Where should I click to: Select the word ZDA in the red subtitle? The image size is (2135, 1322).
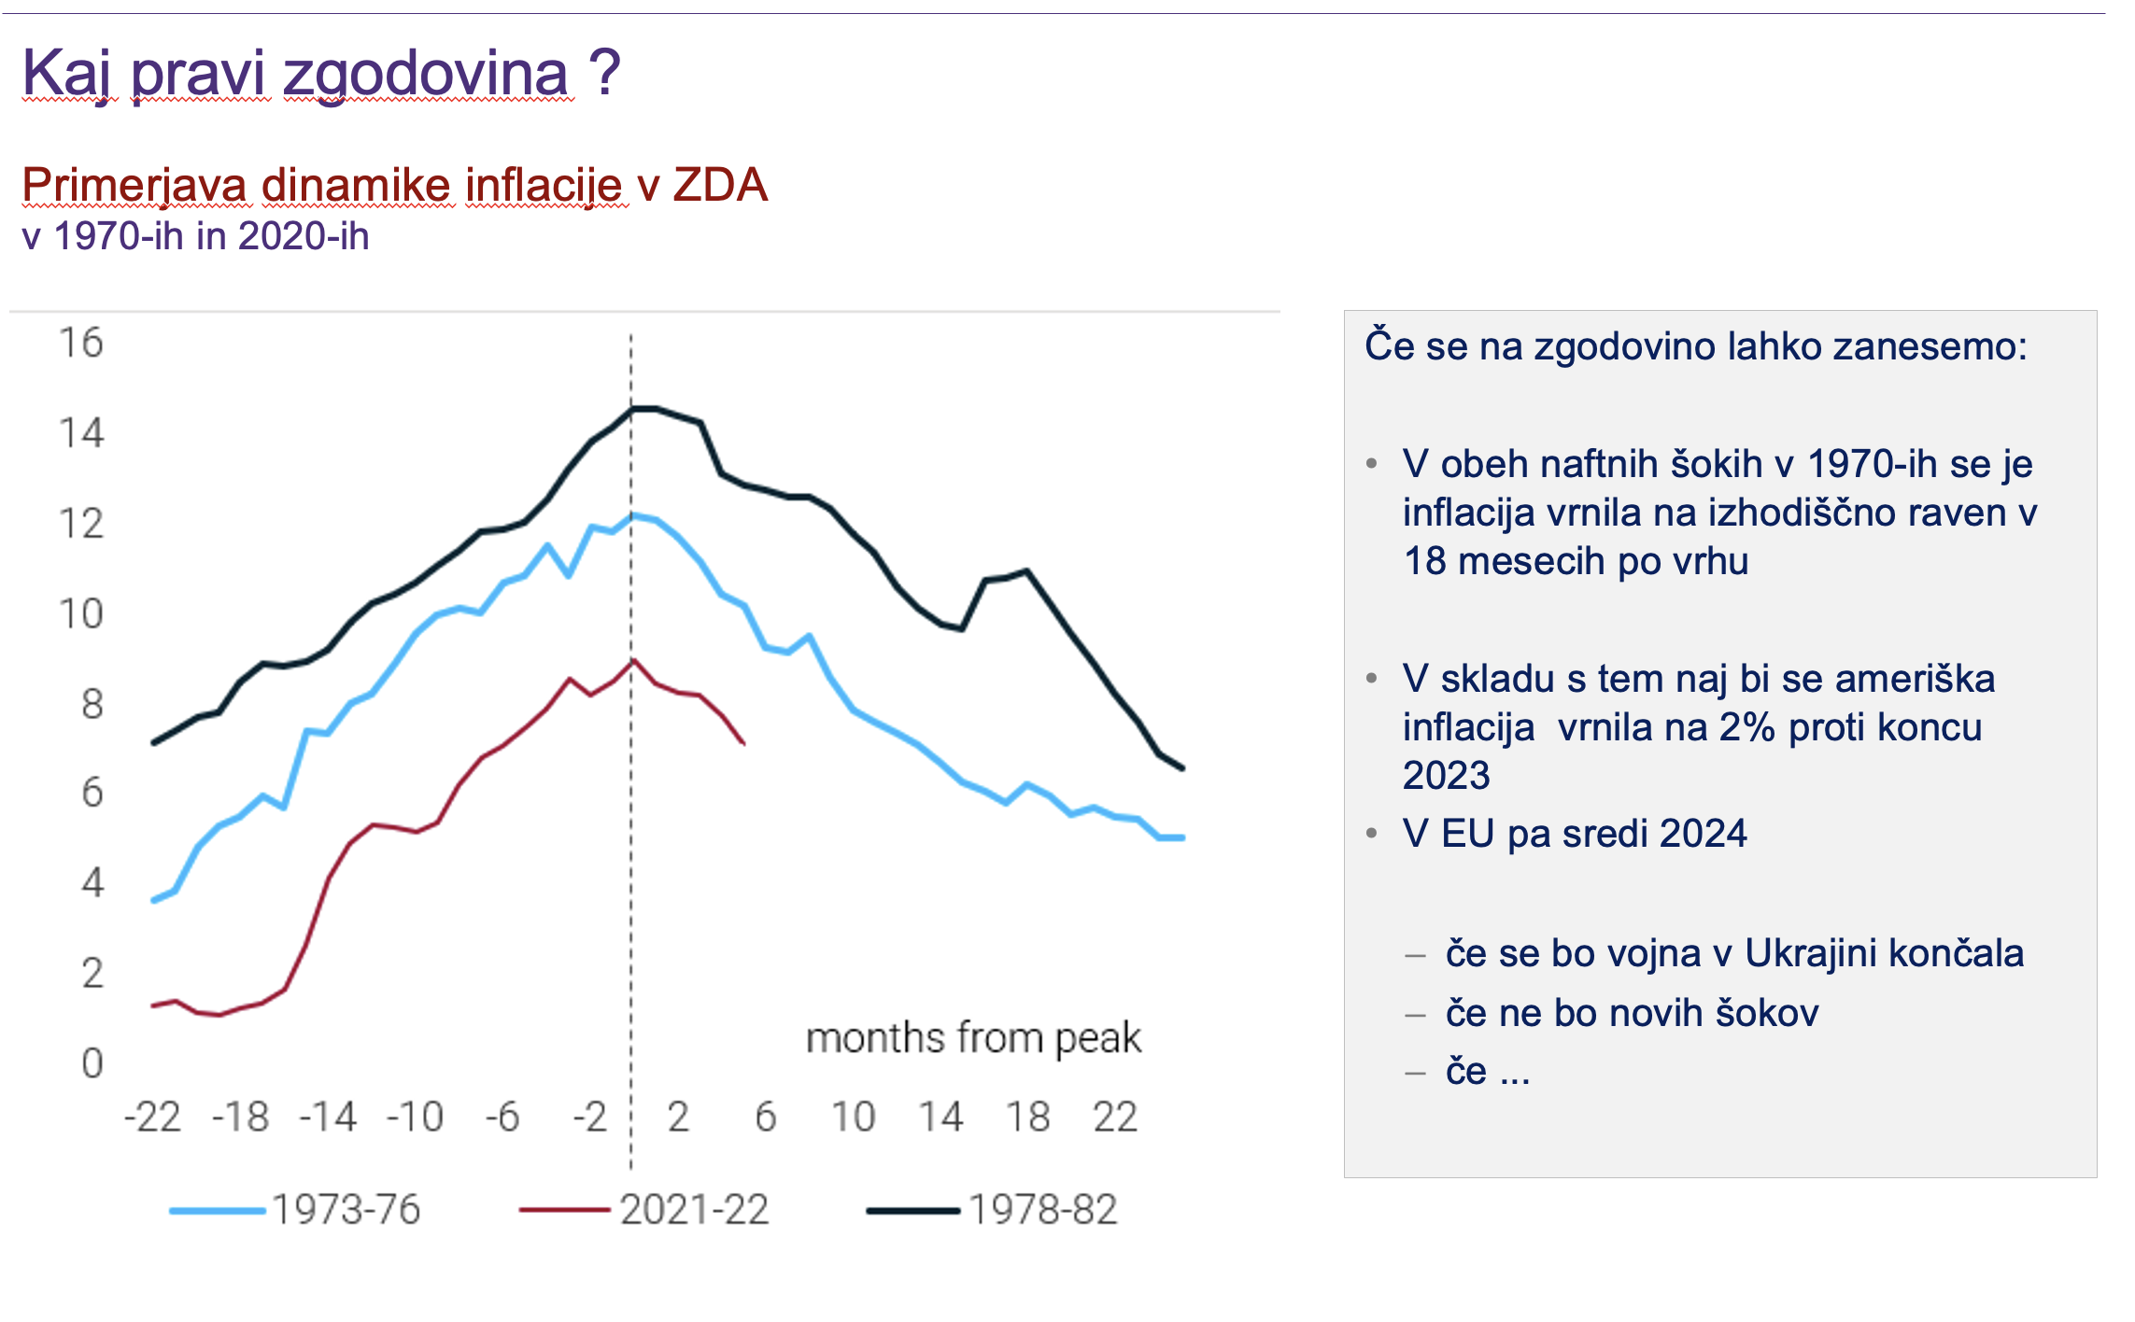tap(720, 185)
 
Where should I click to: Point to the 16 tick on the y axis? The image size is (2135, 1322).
tap(80, 343)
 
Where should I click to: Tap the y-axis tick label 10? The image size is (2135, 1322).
tap(80, 613)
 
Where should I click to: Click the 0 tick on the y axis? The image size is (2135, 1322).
tap(92, 1063)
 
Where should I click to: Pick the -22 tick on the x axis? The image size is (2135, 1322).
tap(152, 1117)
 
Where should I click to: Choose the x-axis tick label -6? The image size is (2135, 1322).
tap(502, 1117)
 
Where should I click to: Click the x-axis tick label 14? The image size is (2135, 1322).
tap(940, 1117)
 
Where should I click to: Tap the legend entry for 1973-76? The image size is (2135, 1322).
tap(346, 1210)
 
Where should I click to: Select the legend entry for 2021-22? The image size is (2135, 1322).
tap(694, 1210)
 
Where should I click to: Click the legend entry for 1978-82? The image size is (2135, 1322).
tap(1042, 1210)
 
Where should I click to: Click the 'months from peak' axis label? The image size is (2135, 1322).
tap(973, 1038)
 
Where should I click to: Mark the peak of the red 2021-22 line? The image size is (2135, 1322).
tap(633, 661)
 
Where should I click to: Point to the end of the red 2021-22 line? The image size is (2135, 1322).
tap(743, 743)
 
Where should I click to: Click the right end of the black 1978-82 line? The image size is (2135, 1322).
tap(1183, 768)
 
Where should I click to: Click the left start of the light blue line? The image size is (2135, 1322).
tap(153, 901)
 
